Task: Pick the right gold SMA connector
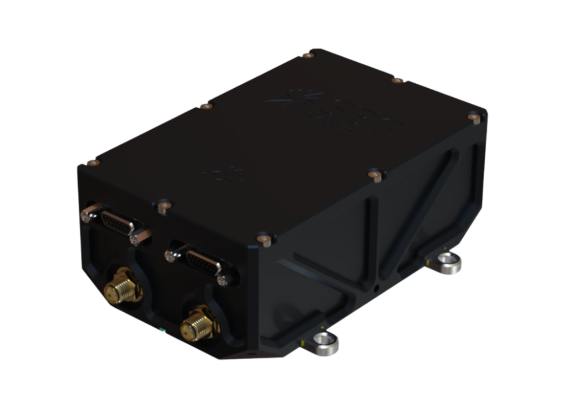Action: (196, 326)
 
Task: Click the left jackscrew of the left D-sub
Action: (88, 214)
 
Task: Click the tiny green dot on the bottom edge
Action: (162, 330)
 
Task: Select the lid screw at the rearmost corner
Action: (308, 55)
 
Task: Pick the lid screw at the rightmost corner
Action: (475, 117)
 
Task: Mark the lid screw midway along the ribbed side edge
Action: (376, 176)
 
